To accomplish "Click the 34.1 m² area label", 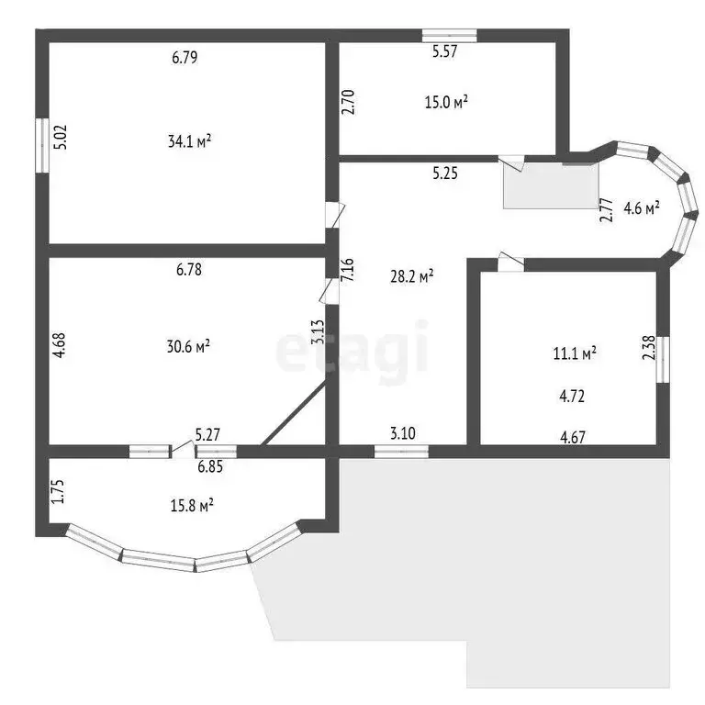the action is coord(189,141).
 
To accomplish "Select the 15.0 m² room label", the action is coord(446,102).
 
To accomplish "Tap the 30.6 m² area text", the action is coord(188,347).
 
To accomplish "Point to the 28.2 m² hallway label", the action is coord(412,276).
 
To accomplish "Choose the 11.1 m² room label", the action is coord(575,353).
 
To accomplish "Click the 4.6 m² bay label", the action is coord(642,208).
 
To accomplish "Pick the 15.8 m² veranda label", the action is coord(192,506).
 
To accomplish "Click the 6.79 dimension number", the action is coord(185,58).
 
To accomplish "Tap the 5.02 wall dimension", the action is coord(60,137).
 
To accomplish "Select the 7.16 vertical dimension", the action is coord(348,270).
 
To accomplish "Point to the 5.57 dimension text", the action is coord(445,51).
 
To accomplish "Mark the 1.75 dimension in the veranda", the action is coord(58,491).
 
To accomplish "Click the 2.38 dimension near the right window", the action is coord(649,348).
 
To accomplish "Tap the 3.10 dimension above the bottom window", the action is coord(403,433).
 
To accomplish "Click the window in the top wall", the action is coord(449,35).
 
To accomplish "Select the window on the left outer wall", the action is coord(42,145).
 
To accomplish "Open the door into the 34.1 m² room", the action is coord(334,215).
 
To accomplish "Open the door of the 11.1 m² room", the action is coord(510,263).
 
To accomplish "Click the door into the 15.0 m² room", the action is coord(511,162).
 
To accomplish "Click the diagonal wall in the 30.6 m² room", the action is coord(294,413).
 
